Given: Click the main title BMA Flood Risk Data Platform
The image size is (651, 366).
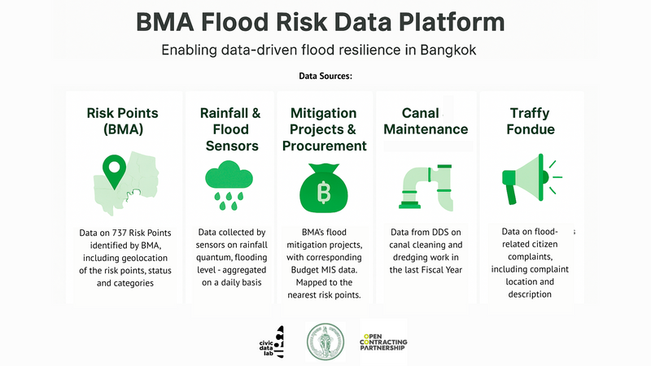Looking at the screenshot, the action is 320,22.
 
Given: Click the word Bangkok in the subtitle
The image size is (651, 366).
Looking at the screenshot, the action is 448,50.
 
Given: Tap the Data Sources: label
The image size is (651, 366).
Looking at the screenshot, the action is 325,76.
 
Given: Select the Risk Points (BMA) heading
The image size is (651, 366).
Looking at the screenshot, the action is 123,120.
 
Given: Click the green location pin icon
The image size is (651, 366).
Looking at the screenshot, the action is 114,172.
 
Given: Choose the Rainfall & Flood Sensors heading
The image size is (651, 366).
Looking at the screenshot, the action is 231,129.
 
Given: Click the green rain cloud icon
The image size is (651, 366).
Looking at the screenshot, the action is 229,185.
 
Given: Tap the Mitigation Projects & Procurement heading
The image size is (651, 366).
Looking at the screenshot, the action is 324,129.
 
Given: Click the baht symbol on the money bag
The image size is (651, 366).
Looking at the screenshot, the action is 324,193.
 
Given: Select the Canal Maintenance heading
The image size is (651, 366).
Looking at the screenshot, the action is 426,120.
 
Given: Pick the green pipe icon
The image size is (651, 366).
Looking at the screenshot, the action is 426,187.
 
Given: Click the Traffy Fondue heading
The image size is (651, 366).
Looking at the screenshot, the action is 531,120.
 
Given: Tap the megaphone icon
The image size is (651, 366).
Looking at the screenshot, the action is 531,179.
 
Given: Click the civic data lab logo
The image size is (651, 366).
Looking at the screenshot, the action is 272,342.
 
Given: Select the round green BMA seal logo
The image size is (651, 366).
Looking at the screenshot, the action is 325,342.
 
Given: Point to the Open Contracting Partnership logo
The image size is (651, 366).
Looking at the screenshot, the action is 383,342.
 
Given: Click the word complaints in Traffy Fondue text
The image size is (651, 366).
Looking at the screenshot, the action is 530,257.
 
